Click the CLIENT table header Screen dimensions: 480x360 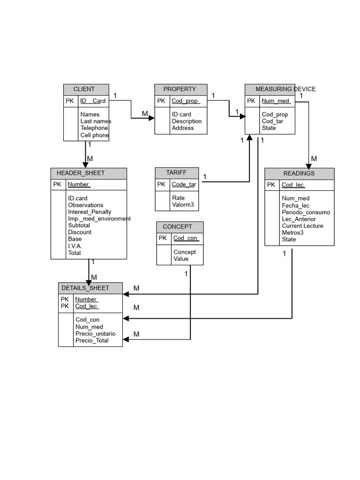click(84, 89)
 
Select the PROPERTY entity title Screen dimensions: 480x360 click(180, 89)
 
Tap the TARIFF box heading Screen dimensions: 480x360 click(176, 172)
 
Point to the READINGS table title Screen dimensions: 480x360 click(299, 173)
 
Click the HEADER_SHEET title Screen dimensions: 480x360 click(81, 173)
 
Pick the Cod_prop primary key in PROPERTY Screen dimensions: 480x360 click(186, 101)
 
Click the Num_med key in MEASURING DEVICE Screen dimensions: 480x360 click(276, 101)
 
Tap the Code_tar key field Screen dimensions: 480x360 click(184, 184)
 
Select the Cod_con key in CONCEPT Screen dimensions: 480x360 click(186, 238)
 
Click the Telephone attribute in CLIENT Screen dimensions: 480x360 click(94, 128)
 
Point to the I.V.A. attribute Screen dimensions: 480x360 click(75, 246)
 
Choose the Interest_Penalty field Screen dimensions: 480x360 click(90, 212)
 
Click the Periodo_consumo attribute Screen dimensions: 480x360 click(306, 212)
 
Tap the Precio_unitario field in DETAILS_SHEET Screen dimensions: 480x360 click(95, 334)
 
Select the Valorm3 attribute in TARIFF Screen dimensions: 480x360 click(183, 204)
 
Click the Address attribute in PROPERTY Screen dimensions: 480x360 click(183, 128)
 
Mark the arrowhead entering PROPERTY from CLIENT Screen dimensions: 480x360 click(151, 118)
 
